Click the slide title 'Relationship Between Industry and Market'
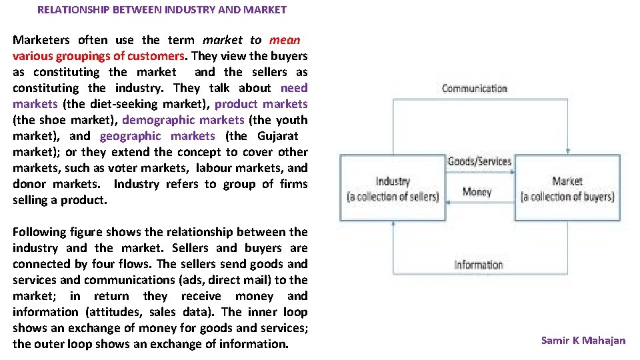162,10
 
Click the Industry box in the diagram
393,188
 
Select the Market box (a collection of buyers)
567,188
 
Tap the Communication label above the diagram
474,89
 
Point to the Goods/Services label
479,161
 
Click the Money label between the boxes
477,192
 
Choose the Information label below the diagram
478,265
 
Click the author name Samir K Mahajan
583,341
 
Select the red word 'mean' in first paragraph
285,40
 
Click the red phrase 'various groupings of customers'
98,56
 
